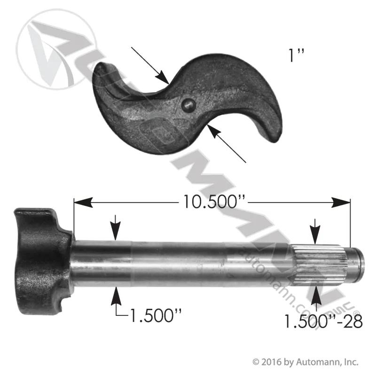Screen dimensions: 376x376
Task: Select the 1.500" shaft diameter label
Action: (155, 315)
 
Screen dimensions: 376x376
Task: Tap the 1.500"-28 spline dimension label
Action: (323, 321)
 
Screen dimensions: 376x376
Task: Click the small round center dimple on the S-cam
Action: (188, 105)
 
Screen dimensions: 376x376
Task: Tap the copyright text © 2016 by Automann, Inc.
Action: (305, 361)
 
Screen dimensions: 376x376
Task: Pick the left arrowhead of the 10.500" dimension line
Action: (83, 203)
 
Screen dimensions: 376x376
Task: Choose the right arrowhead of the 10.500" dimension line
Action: (340, 203)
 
